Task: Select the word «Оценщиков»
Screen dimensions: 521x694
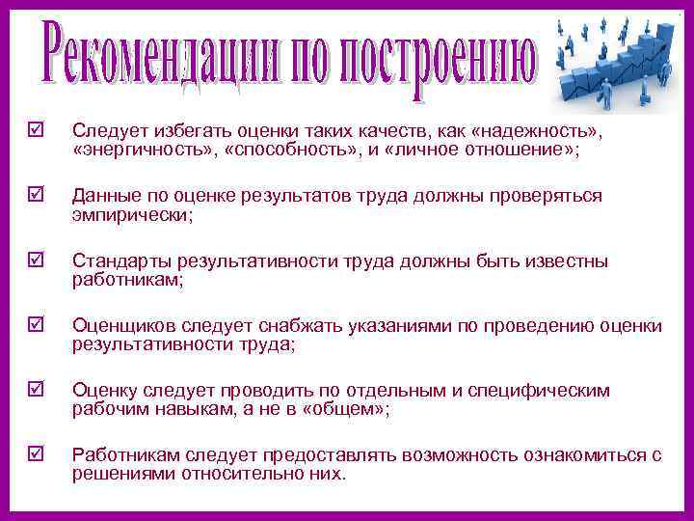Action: (121, 326)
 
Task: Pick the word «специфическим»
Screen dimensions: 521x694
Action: (550, 391)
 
